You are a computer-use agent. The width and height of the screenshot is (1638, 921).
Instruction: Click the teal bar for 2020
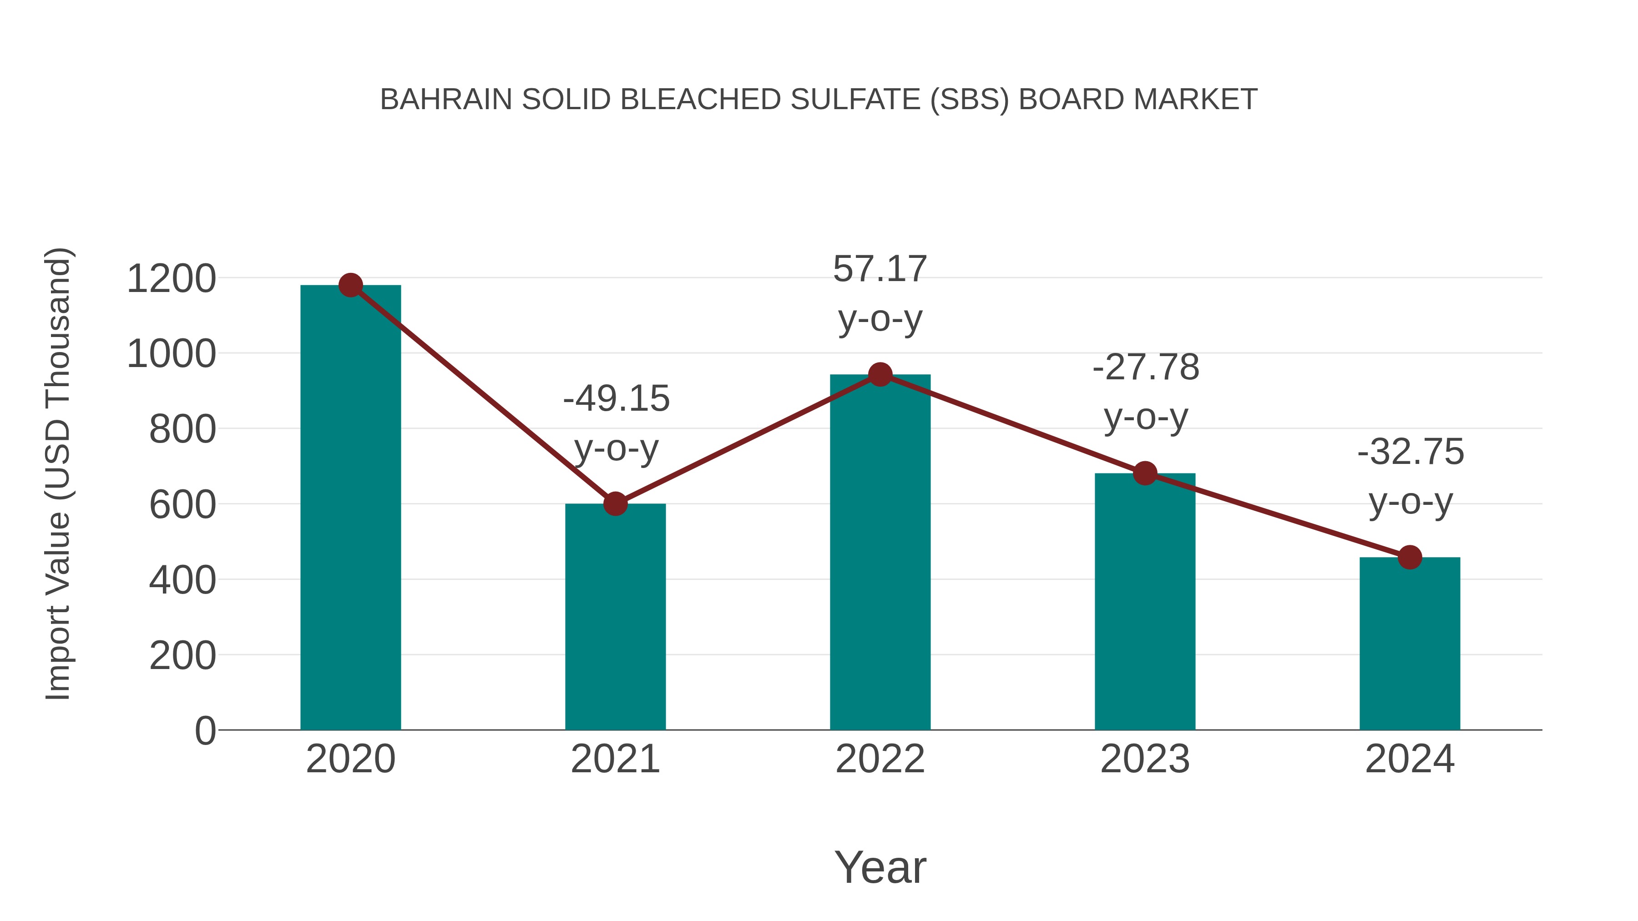350,508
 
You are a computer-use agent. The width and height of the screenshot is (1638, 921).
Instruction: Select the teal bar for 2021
615,617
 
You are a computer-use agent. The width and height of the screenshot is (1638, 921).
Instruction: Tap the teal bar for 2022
880,553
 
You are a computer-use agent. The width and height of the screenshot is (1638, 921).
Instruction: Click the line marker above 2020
350,285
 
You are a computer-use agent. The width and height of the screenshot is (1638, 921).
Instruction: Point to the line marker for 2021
615,504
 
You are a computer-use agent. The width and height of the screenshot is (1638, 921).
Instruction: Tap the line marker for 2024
1410,558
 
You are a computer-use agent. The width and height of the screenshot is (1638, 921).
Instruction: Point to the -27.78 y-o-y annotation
1146,392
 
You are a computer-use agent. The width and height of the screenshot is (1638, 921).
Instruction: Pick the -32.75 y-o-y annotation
1410,476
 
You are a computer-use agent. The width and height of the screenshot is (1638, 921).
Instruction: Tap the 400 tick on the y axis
182,580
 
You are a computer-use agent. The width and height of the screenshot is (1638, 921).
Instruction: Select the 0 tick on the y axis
205,731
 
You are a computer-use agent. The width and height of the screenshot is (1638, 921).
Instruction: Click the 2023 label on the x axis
1145,759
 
